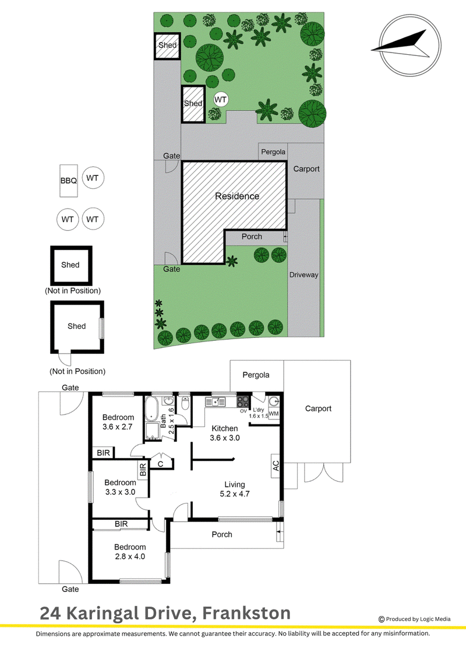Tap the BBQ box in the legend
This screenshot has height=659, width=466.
pos(69,181)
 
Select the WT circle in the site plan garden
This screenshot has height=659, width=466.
pos(220,100)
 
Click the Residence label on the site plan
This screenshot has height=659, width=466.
pos(237,196)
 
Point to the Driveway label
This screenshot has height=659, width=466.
pos(303,275)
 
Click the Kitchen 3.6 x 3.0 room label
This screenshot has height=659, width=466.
pos(225,433)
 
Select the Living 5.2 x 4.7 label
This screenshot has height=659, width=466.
pos(235,489)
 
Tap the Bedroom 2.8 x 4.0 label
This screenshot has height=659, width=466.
pos(130,551)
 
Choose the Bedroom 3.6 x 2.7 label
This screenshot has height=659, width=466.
pos(118,421)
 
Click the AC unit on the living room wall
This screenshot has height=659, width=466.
pos(276,466)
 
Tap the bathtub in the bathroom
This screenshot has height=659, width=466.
pos(151,408)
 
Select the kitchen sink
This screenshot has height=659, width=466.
pos(216,402)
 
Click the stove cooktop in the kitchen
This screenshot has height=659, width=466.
pos(243,401)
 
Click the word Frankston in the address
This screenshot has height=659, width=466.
pos(246,613)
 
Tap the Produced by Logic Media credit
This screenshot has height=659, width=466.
pos(414,619)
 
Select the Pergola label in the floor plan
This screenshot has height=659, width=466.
pos(256,375)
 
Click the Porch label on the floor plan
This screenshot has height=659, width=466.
pos(222,534)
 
